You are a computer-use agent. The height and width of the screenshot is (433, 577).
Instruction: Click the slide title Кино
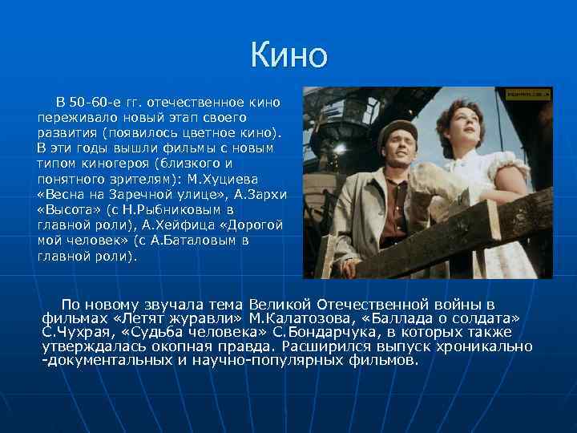[288, 55]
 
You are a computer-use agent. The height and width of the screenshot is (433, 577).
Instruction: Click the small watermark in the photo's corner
[527, 94]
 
